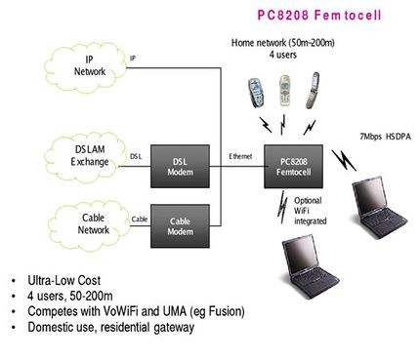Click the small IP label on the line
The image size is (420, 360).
(133, 59)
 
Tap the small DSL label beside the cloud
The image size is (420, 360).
(136, 155)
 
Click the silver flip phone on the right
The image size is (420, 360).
(313, 91)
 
